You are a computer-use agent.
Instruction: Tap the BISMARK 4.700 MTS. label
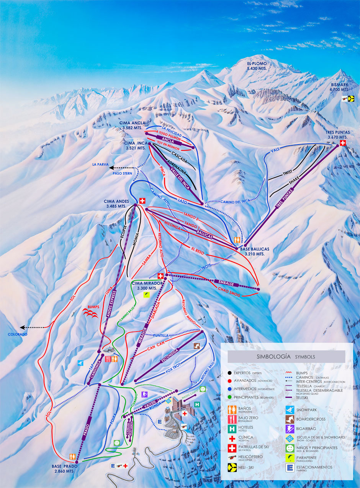tap(339, 87)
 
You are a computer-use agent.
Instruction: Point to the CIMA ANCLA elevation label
tap(132, 125)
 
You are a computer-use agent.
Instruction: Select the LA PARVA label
tap(100, 165)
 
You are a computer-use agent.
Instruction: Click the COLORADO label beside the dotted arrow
tap(18, 334)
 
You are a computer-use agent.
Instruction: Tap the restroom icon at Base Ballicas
tap(238, 240)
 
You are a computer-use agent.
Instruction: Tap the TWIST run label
tap(288, 173)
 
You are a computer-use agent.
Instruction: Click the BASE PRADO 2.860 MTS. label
tap(65, 468)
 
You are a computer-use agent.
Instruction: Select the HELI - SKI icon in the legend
tap(232, 467)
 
